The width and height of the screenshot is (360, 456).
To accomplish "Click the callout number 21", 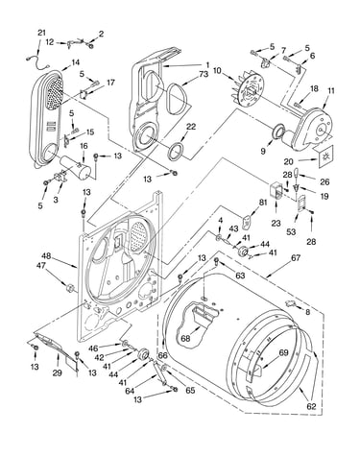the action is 41,33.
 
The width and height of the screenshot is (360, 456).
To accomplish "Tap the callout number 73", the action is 204,74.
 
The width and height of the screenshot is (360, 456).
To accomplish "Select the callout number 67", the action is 296,257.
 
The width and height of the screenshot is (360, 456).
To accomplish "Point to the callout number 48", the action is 46,256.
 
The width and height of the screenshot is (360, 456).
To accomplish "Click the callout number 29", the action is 58,372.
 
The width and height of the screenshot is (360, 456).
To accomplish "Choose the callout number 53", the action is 291,231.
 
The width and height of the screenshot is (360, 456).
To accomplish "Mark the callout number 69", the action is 283,352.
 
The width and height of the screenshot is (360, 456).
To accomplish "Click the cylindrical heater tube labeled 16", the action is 75,166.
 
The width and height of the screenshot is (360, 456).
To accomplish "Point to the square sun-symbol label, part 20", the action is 325,156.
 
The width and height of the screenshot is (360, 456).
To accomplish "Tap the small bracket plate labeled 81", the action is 246,223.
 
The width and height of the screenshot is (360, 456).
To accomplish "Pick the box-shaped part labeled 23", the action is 276,190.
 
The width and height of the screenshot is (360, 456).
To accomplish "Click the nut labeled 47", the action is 69,288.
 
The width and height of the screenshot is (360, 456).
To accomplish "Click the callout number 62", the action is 311,406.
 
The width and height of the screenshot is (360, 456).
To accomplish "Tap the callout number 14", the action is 75,61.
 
